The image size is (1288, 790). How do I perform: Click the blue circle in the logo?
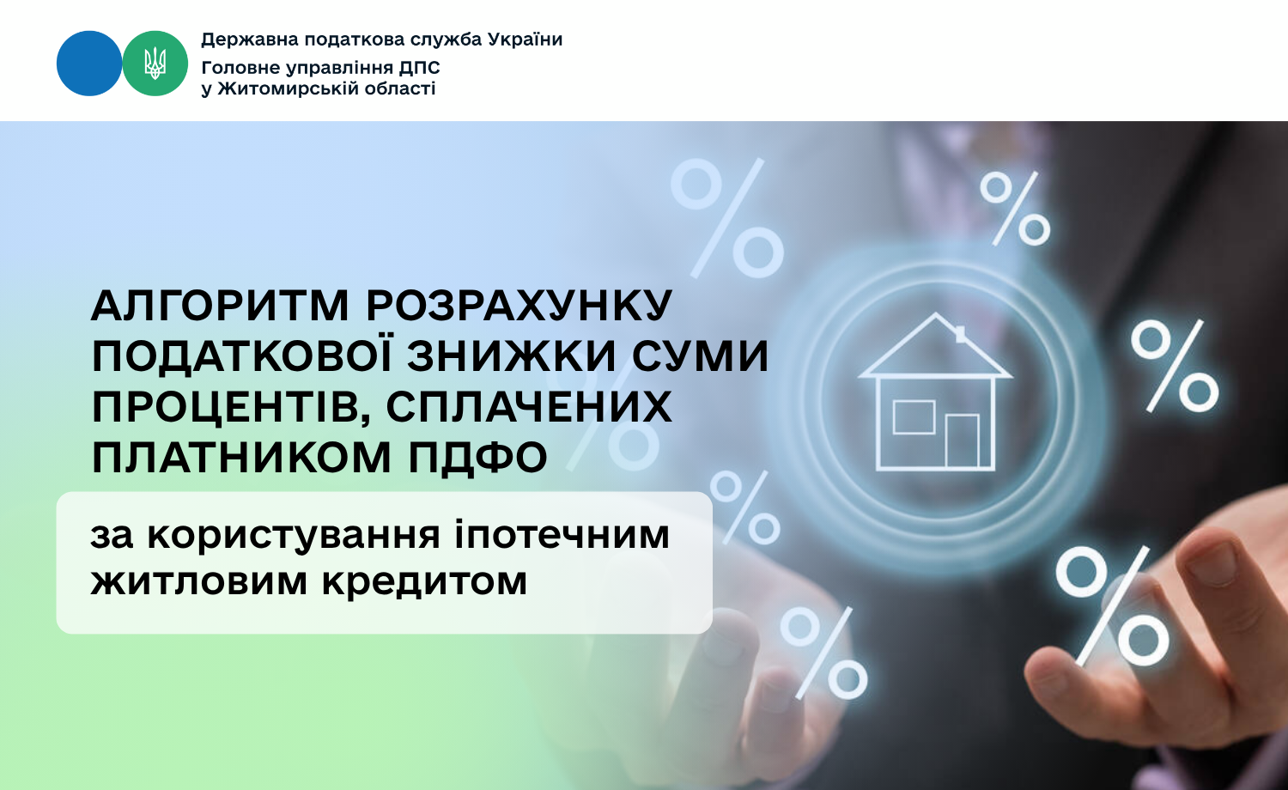click(x=89, y=64)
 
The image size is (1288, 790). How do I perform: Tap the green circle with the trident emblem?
click(x=155, y=64)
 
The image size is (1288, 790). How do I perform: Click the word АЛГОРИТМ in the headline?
click(x=221, y=305)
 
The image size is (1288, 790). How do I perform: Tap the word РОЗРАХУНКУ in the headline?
click(x=519, y=305)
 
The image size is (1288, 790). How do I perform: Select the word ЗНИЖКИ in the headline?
click(x=512, y=355)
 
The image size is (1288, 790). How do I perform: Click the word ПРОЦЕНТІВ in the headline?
click(x=231, y=407)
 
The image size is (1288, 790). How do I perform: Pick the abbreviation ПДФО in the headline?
click(x=478, y=459)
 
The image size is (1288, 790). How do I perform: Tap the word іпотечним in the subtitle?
click(x=562, y=536)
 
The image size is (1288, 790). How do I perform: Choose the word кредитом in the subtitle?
click(x=424, y=582)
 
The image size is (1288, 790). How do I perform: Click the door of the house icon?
click(x=962, y=441)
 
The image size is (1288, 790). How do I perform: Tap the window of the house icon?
click(x=914, y=416)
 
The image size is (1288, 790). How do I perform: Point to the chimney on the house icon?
click(x=960, y=335)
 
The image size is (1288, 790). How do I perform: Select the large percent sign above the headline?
click(x=727, y=217)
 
